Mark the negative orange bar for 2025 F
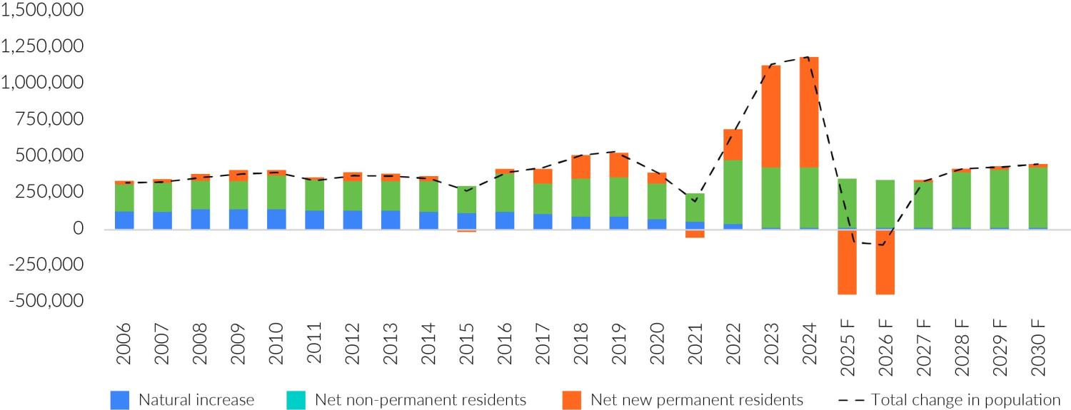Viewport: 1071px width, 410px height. pyautogui.click(x=848, y=262)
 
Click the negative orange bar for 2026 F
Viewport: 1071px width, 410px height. pyautogui.click(x=885, y=262)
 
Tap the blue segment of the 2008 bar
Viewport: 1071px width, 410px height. pyautogui.click(x=200, y=219)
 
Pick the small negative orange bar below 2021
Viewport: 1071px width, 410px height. pyautogui.click(x=695, y=233)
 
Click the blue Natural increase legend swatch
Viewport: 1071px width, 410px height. pyautogui.click(x=120, y=400)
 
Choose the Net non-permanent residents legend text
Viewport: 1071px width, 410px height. pyautogui.click(x=420, y=400)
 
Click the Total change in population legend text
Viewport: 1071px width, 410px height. pyautogui.click(x=965, y=400)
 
